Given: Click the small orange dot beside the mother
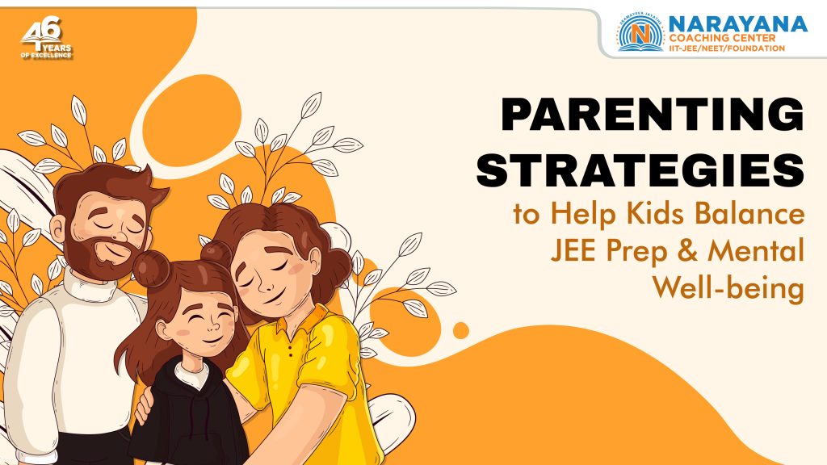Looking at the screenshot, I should tap(461, 330).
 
